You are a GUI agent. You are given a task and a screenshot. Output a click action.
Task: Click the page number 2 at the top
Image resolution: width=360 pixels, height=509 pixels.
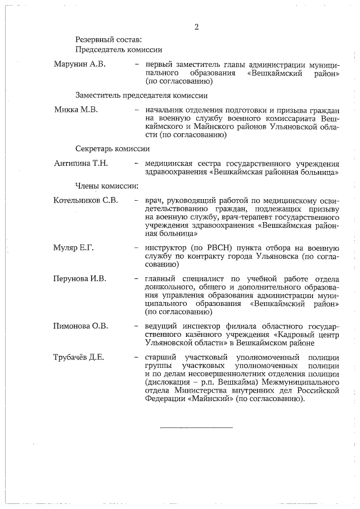(x=197, y=26)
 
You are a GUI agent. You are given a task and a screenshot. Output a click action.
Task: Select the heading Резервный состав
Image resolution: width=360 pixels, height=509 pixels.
(x=109, y=39)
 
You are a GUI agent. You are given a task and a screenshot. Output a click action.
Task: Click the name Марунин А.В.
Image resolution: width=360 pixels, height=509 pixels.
(x=79, y=65)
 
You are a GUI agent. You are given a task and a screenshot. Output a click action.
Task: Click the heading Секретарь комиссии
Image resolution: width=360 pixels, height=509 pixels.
(x=112, y=149)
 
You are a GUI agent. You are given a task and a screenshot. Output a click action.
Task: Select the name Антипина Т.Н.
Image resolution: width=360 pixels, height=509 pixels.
(x=81, y=163)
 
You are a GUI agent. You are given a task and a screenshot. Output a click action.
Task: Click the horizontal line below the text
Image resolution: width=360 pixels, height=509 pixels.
(x=196, y=428)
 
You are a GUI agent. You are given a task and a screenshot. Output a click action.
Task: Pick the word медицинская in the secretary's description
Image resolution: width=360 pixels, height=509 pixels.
(x=170, y=163)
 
